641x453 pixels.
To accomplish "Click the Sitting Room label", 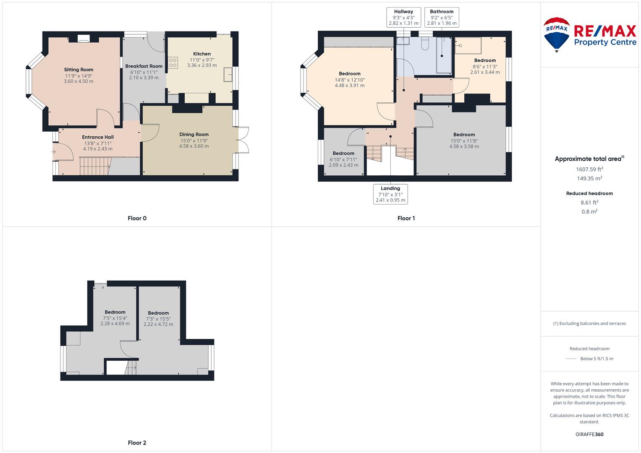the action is coord(78,70).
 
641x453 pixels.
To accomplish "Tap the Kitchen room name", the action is coord(202,54).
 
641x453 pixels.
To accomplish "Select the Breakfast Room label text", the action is coord(144,66).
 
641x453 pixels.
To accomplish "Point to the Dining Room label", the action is coord(194,134).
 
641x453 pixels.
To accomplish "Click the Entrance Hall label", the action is coord(97,137).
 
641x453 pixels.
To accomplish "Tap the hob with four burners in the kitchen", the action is coord(173,62).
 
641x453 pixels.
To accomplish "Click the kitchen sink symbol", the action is coord(228,74).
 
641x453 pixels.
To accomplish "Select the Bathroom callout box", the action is coord(442,18).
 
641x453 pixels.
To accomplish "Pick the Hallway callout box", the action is coord(403,18).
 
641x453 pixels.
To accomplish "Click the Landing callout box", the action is coord(390,194).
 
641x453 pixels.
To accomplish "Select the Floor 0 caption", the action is coord(137,218).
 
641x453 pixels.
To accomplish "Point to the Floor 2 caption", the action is coord(137,443).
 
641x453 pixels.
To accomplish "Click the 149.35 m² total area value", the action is coord(589,178).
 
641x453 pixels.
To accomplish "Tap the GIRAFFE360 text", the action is coord(589,434).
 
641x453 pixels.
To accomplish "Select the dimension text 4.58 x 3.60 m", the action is coord(194,146).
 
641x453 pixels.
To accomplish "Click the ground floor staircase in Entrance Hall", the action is coord(95,166).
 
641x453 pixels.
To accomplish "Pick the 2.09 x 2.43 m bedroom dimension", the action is coord(343,165).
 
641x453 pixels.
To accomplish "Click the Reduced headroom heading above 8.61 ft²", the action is coord(589,193).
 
